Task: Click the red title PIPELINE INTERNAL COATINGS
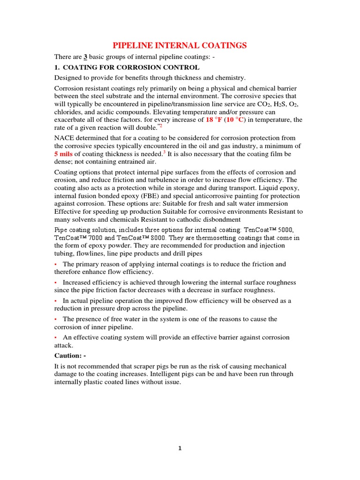(x=180, y=45)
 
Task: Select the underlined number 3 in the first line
(x=86, y=57)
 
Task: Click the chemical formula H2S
(x=269, y=103)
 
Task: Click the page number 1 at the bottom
(x=180, y=448)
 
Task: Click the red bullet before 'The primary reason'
(x=56, y=264)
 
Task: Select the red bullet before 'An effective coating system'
(x=56, y=337)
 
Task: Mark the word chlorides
(x=69, y=112)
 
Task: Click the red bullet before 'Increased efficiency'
(x=56, y=283)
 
